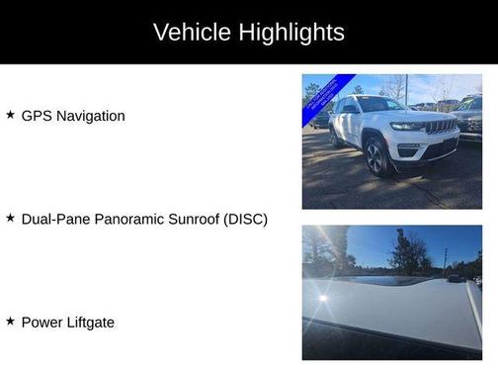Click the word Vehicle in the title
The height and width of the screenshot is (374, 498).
(191, 32)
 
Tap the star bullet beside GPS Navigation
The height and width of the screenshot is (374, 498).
(10, 115)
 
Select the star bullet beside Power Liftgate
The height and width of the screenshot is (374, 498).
(10, 321)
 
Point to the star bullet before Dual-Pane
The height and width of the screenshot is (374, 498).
(10, 218)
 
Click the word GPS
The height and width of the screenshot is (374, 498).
(37, 116)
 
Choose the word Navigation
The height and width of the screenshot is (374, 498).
(91, 116)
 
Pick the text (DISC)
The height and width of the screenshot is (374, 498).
(247, 219)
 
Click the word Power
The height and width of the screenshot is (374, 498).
(41, 322)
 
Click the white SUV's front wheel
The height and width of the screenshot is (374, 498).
(374, 154)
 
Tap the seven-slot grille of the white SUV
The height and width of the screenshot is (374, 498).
(441, 127)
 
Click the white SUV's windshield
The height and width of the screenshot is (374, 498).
(378, 105)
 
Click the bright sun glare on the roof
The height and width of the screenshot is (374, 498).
(322, 297)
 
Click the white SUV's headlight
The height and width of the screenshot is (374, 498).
(407, 127)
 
